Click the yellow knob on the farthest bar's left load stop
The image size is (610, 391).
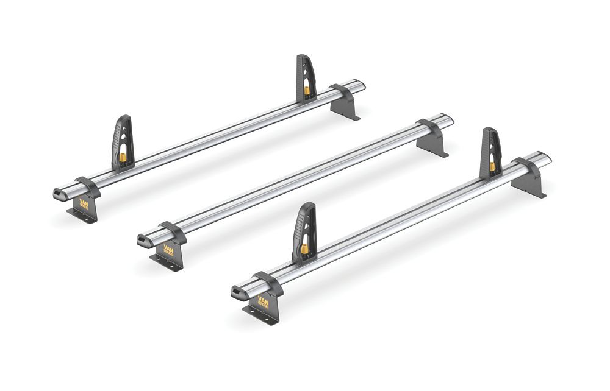tap(123, 158)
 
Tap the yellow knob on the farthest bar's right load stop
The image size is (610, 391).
tap(307, 90)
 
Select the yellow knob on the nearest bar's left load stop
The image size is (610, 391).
tap(303, 248)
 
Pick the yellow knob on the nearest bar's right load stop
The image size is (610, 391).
tap(492, 166)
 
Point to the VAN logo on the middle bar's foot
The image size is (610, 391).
tap(169, 250)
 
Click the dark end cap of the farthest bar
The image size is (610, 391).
tap(60, 194)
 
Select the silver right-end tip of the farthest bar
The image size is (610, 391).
tap(360, 84)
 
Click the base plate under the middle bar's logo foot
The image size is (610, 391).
tap(166, 262)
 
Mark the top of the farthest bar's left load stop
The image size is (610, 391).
tap(123, 119)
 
